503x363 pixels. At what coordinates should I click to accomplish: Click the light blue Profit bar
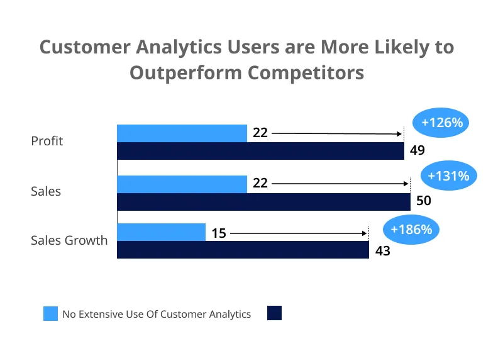pos(182,133)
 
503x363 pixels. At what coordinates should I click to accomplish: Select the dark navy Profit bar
pos(260,151)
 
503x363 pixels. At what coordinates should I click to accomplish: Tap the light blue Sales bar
pos(182,184)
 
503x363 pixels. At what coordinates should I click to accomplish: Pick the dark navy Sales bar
pos(263,201)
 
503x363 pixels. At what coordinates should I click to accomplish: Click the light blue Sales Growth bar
pos(161,233)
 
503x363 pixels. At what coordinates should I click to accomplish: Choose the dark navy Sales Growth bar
pos(243,250)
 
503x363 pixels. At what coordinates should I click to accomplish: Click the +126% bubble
pos(442,123)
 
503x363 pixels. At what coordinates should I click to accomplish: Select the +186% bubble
pos(411,230)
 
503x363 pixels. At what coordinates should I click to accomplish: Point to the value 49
pos(417,151)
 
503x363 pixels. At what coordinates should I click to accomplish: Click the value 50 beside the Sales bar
pos(424,201)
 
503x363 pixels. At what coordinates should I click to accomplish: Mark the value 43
pos(382,251)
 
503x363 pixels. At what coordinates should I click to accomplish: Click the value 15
pos(218,233)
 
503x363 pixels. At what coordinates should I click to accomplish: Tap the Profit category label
pos(47,141)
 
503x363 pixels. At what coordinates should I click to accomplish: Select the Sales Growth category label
pos(69,240)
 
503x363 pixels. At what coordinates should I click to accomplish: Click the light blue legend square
pos(50,313)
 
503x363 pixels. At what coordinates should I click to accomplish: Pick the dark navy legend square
pos(274,313)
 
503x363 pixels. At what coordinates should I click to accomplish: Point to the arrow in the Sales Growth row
pos(299,233)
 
